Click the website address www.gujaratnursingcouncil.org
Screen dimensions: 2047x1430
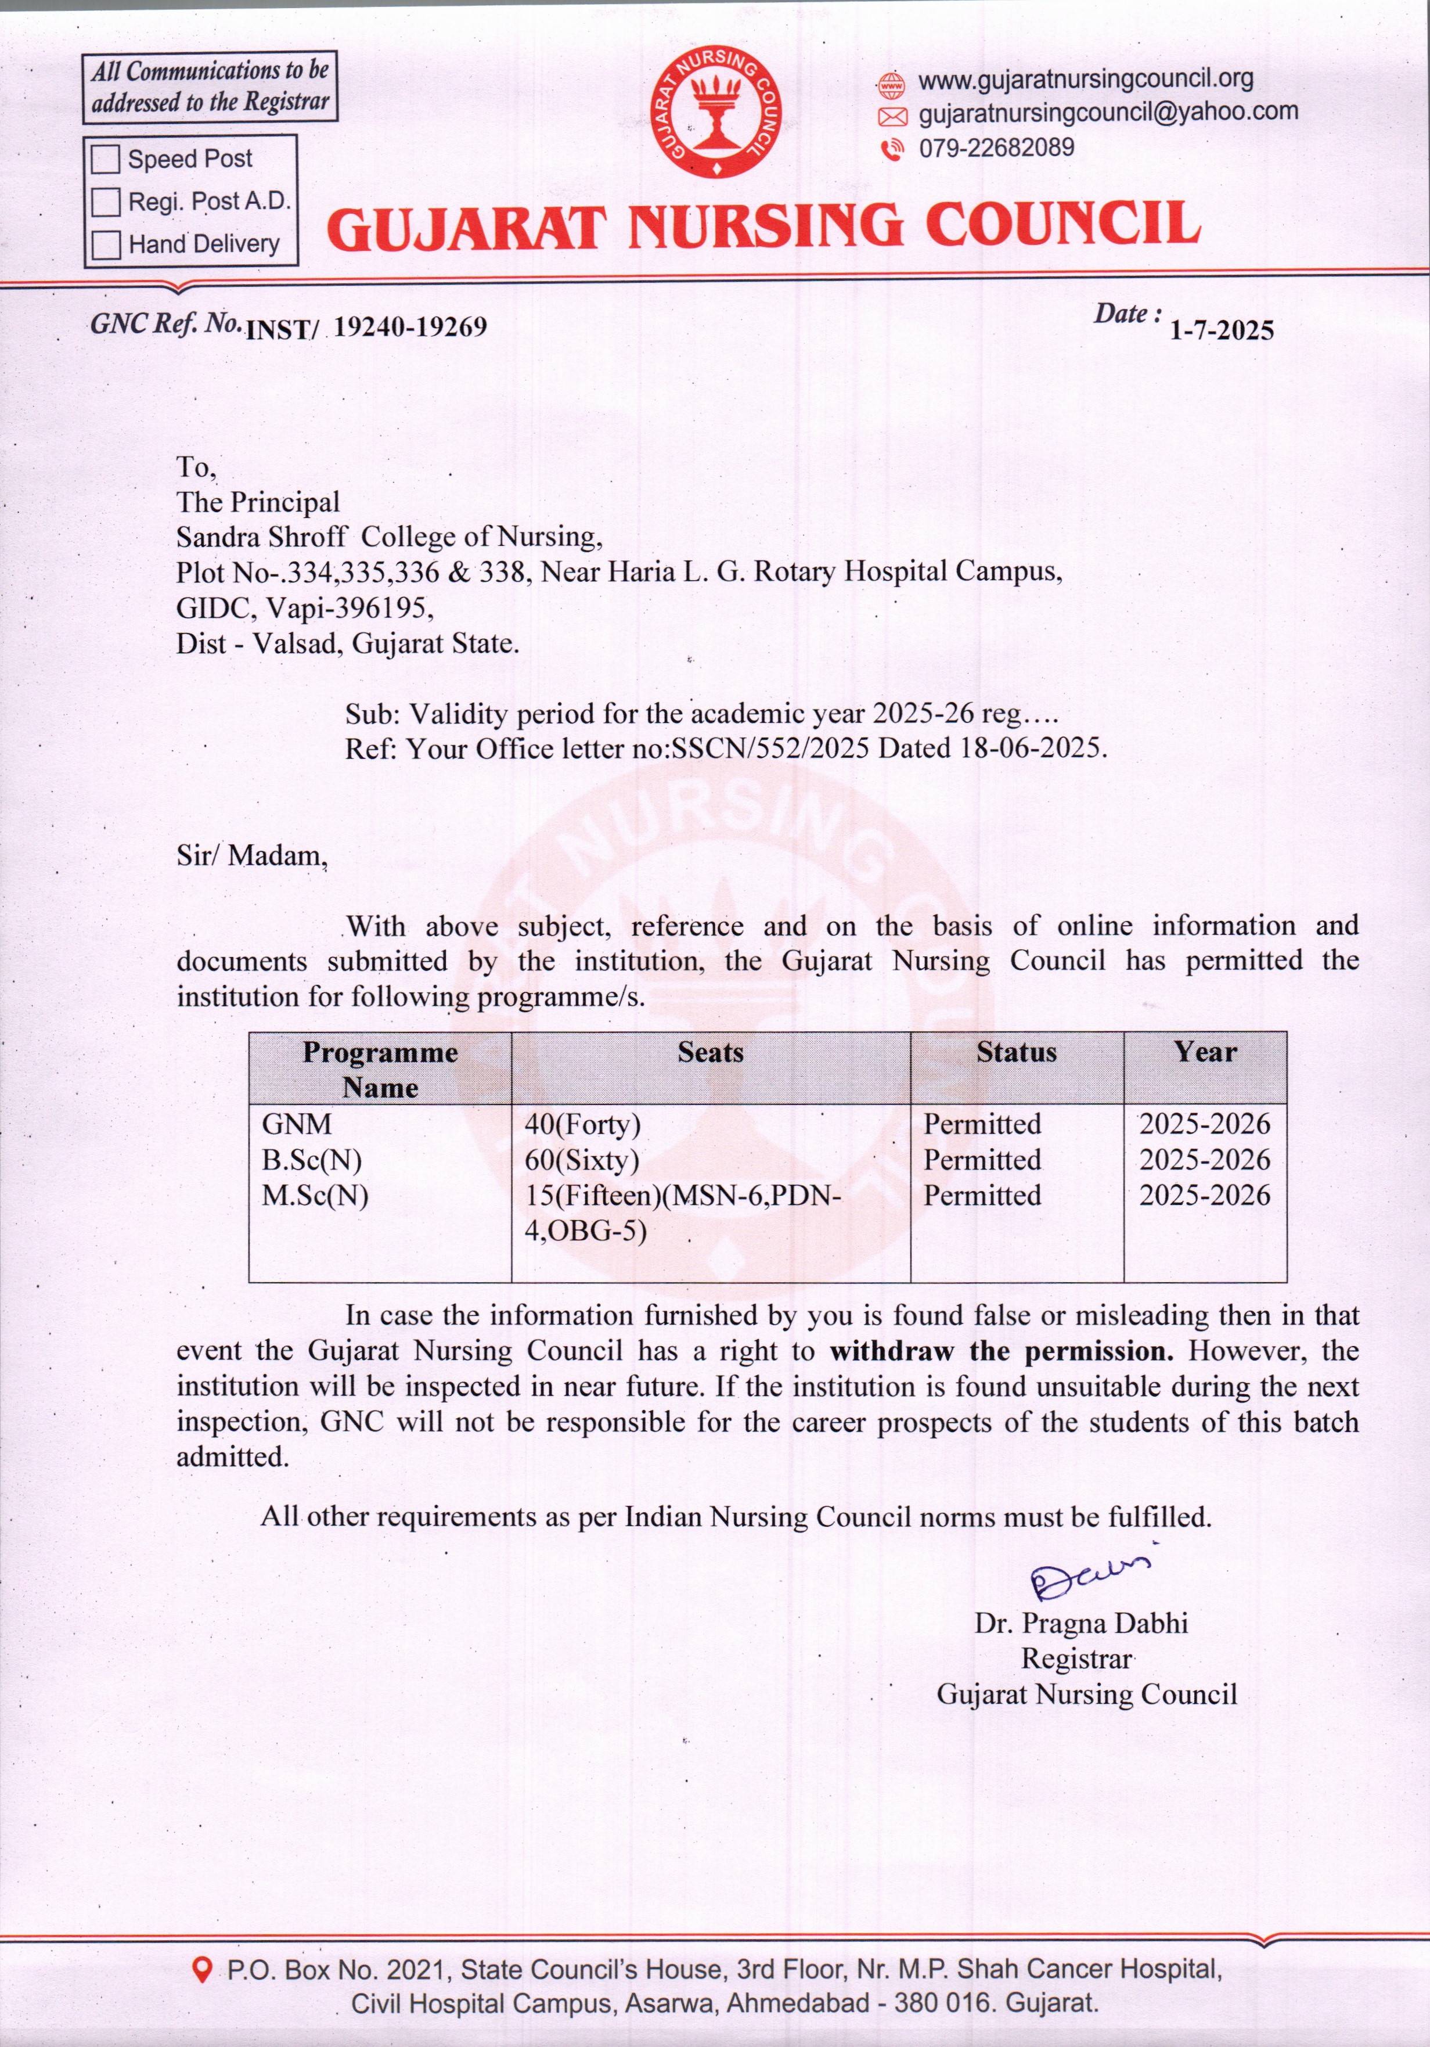click(x=1085, y=80)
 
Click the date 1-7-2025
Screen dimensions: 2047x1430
click(x=1222, y=331)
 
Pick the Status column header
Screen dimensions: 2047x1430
click(x=1017, y=1053)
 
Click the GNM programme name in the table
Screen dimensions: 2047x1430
click(x=296, y=1124)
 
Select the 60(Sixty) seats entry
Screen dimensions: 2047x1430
click(x=582, y=1160)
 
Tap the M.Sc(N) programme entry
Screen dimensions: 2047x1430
click(x=315, y=1196)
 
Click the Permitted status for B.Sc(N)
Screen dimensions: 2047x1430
click(x=982, y=1160)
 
